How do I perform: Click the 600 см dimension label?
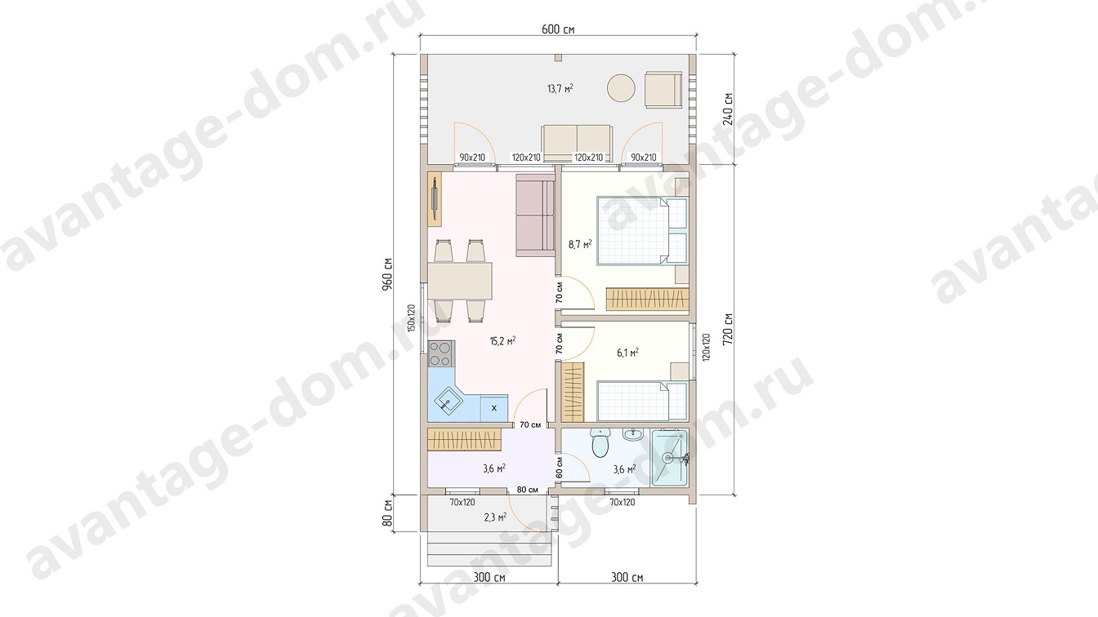click(x=558, y=29)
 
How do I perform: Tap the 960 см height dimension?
click(x=388, y=274)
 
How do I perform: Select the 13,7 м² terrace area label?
click(x=560, y=89)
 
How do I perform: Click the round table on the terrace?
click(x=621, y=89)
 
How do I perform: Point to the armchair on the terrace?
click(x=663, y=89)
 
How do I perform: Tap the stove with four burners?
click(x=97, y=354)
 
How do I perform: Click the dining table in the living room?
click(x=117, y=281)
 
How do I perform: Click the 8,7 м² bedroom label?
click(x=580, y=244)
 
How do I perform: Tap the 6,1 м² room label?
click(x=627, y=352)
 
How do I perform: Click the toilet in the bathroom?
click(x=600, y=442)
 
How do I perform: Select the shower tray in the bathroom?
click(x=670, y=458)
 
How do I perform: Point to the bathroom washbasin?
click(x=634, y=434)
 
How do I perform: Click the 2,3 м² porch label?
click(x=495, y=517)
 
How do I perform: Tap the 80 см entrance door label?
click(x=528, y=490)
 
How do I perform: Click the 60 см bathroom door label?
click(x=560, y=468)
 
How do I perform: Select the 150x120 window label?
click(x=411, y=318)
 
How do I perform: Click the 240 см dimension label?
click(x=729, y=109)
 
